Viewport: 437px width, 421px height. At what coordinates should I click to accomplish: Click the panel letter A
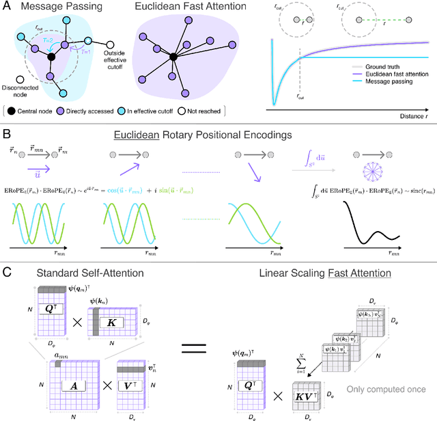[x=6, y=8]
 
